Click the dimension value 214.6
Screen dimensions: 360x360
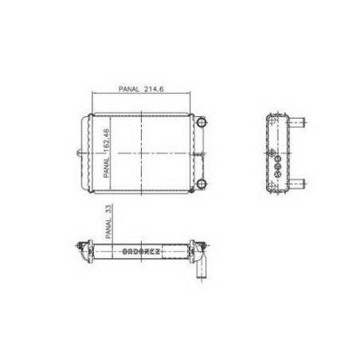(154, 89)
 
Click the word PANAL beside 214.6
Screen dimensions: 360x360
(129, 89)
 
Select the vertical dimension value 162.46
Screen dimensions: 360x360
(107, 141)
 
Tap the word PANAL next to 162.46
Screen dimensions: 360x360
(107, 168)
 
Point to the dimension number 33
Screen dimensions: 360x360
(109, 209)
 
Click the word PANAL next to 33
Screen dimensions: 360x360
(109, 229)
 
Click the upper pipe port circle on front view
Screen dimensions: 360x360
(202, 122)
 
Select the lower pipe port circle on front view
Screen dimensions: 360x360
(202, 183)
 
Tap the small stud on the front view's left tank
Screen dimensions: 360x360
(79, 153)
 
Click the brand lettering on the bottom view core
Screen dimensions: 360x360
(141, 252)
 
